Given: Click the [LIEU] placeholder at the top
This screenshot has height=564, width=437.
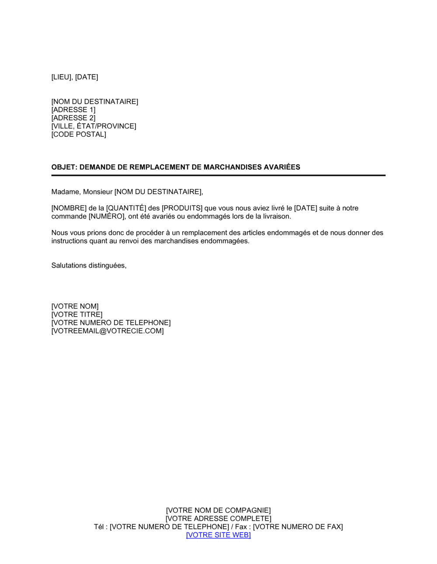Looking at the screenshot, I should tap(62, 77).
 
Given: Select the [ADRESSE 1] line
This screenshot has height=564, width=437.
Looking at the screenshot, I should tap(73, 110).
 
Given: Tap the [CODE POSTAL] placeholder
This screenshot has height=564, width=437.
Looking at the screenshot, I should tap(79, 134).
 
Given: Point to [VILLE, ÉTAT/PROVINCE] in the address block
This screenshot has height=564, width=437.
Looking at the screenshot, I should tap(94, 126).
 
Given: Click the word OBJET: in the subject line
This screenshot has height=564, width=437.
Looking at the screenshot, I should tap(64, 167).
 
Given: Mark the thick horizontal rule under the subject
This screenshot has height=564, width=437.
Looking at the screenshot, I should tap(218, 175).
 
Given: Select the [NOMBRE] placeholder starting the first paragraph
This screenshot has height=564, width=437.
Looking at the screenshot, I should tap(69, 208).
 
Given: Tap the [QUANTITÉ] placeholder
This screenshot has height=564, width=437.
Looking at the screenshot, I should tap(126, 208).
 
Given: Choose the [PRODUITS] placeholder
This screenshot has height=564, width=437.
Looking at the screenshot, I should tap(182, 208).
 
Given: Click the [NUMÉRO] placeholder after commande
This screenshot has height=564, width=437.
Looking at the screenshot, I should tap(107, 216).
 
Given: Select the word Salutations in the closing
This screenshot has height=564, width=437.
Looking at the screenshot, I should tap(69, 265).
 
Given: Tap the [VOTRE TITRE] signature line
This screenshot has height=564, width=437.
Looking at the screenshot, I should tap(77, 314).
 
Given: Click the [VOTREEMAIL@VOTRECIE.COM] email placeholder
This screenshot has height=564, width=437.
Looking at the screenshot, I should tap(108, 331).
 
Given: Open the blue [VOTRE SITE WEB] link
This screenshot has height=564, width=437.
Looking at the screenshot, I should tap(218, 535).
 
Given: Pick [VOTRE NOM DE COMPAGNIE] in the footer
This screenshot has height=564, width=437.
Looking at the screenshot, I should tap(218, 510).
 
